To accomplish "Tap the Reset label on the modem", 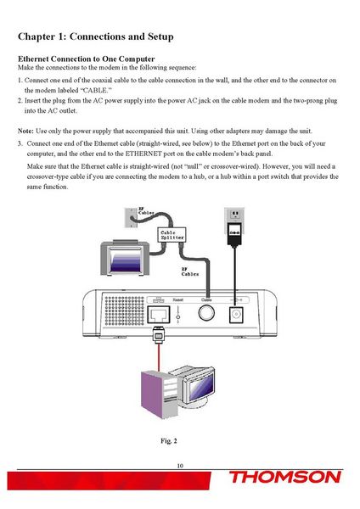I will point(178,299).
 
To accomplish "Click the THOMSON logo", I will point(284,478).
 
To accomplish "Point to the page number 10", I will point(180,466).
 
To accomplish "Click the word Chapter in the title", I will point(41,37).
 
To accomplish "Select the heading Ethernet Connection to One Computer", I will point(86,58).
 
